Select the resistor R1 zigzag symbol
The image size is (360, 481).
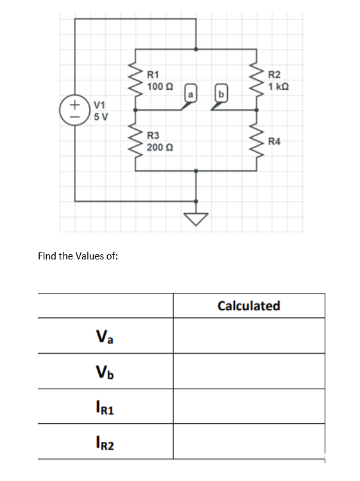tap(136, 78)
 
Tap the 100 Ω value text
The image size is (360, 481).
tap(160, 87)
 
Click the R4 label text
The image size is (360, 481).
tap(275, 141)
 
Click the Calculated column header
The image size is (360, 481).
tap(248, 306)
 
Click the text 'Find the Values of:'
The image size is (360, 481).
tap(78, 256)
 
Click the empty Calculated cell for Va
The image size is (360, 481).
tap(248, 336)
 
